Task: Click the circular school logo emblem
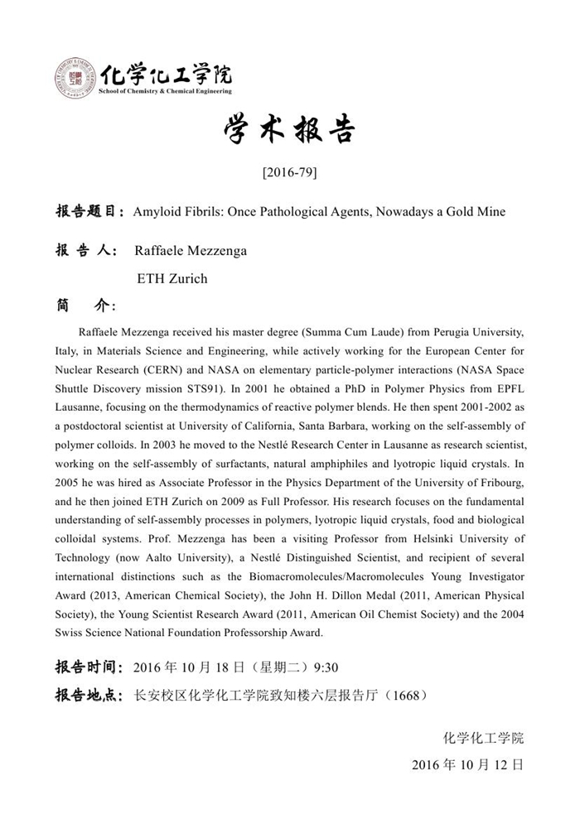pos(76,79)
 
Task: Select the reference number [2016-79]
pos(289,173)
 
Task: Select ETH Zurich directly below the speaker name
pos(172,279)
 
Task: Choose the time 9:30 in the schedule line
pos(325,667)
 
